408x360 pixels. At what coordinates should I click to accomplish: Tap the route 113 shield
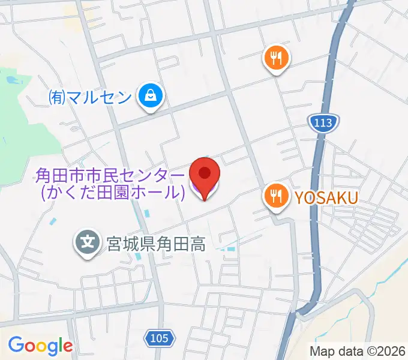pyautogui.click(x=325, y=123)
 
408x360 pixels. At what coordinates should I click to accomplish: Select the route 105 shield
pyautogui.click(x=159, y=338)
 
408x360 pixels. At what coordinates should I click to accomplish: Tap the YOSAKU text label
pyautogui.click(x=325, y=196)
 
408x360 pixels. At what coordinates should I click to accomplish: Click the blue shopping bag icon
pyautogui.click(x=148, y=95)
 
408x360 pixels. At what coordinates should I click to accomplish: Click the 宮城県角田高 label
pyautogui.click(x=156, y=244)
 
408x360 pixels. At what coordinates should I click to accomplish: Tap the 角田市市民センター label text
pyautogui.click(x=110, y=176)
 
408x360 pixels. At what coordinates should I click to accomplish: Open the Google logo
pyautogui.click(x=40, y=346)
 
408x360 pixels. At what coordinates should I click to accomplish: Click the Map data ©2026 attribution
pyautogui.click(x=358, y=351)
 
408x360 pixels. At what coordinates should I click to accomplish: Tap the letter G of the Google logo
pyautogui.click(x=16, y=345)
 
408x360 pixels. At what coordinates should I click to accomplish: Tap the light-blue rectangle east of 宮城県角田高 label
pyautogui.click(x=229, y=245)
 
